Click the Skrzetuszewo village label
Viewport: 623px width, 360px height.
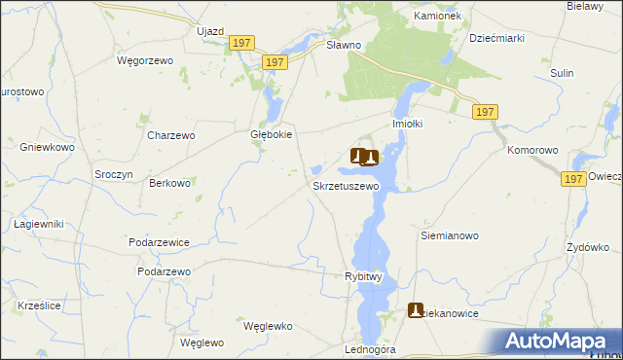click(x=345, y=185)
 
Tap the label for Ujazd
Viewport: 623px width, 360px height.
click(x=210, y=31)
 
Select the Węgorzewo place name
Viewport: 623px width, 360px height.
click(x=144, y=60)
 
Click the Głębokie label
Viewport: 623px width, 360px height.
click(x=272, y=135)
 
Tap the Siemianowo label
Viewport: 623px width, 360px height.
click(x=449, y=235)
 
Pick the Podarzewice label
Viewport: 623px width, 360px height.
click(x=160, y=241)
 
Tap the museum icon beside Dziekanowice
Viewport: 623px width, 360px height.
click(x=416, y=310)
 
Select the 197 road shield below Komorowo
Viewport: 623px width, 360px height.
click(x=573, y=179)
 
